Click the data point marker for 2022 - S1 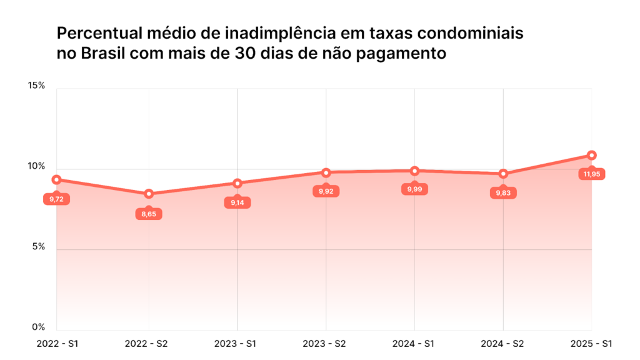pyautogui.click(x=56, y=180)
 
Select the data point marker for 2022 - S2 pyautogui.click(x=149, y=194)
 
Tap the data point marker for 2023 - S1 pyautogui.click(x=237, y=183)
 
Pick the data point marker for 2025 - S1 pyautogui.click(x=592, y=155)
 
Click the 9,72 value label pyautogui.click(x=56, y=199)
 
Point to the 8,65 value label pyautogui.click(x=149, y=214)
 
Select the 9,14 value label pyautogui.click(x=237, y=203)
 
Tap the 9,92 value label pyautogui.click(x=326, y=192)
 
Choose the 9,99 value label pyautogui.click(x=414, y=189)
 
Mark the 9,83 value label pyautogui.click(x=503, y=193)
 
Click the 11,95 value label pyautogui.click(x=592, y=174)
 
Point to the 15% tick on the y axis pyautogui.click(x=37, y=86)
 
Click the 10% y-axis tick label pyautogui.click(x=37, y=166)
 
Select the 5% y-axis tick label pyautogui.click(x=39, y=246)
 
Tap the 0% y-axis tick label pyautogui.click(x=39, y=327)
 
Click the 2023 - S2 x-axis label pyautogui.click(x=324, y=344)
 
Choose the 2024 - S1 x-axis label pyautogui.click(x=413, y=344)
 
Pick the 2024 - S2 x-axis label pyautogui.click(x=502, y=344)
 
